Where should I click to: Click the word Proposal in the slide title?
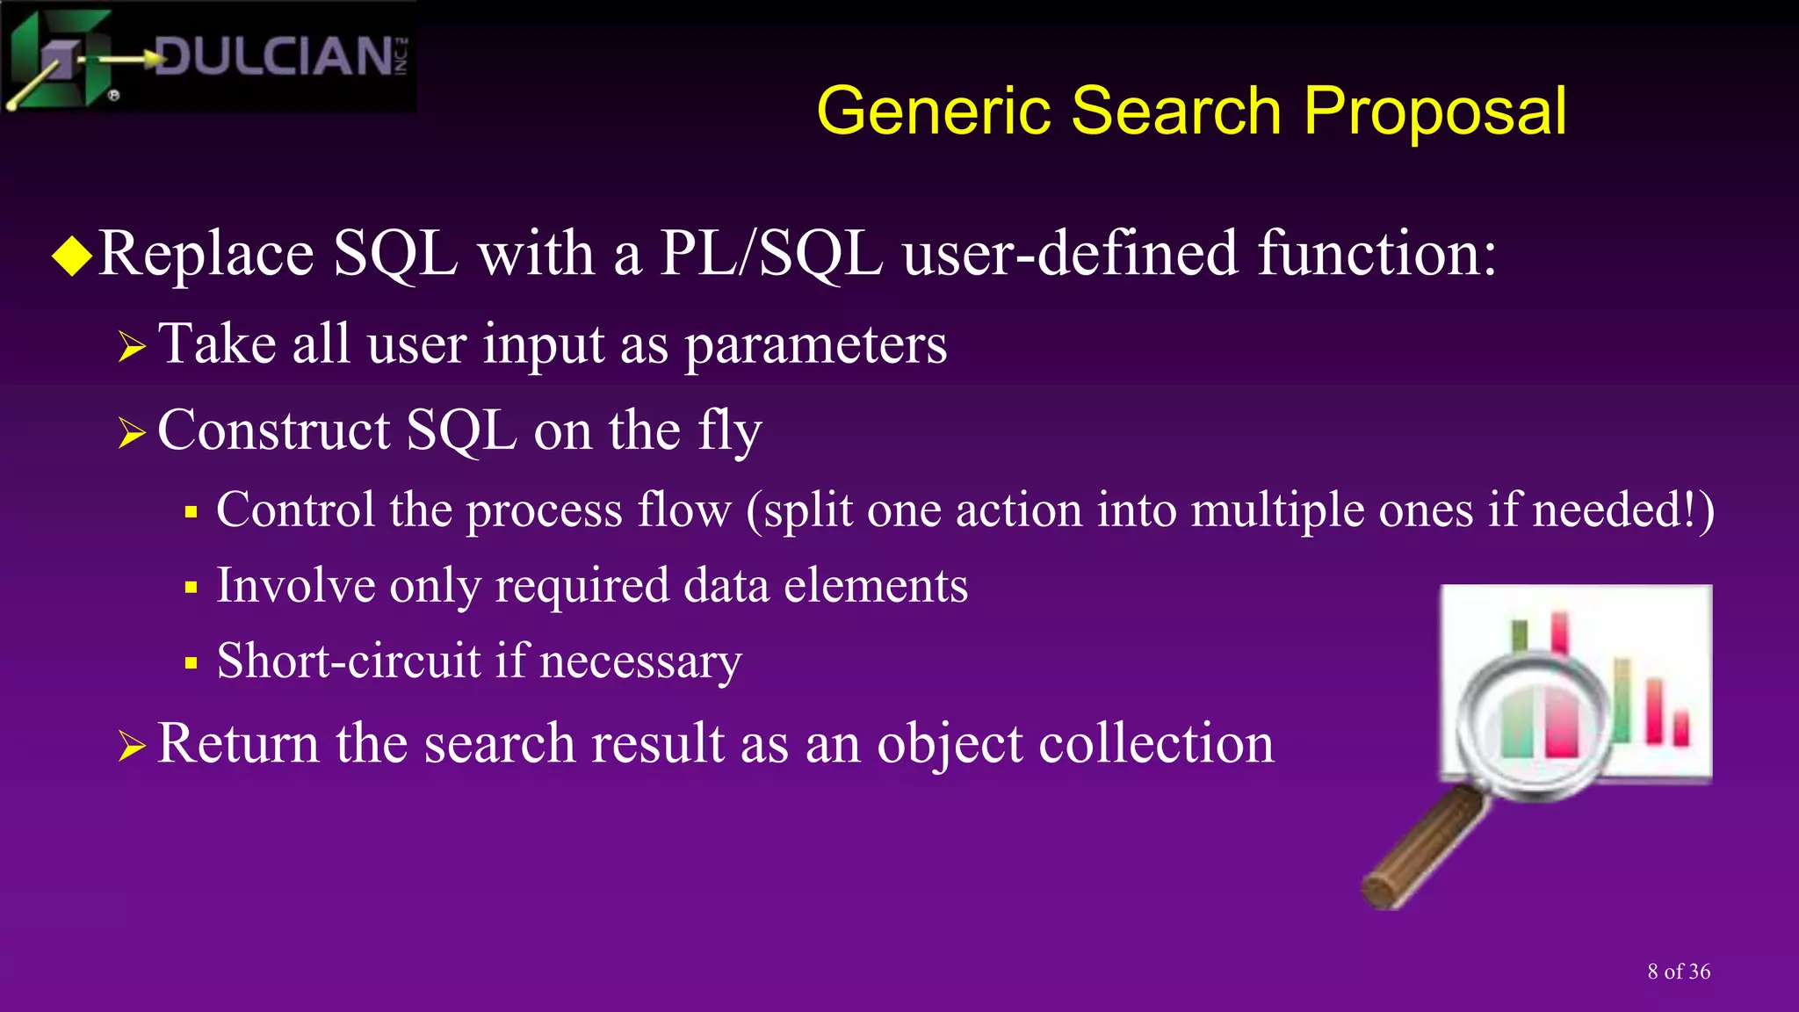[x=1434, y=112]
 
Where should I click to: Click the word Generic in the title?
[x=933, y=112]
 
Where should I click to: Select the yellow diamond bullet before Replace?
[x=72, y=257]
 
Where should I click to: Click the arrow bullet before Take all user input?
[x=132, y=347]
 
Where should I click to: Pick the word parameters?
[x=815, y=345]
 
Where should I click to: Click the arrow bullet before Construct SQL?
[x=132, y=433]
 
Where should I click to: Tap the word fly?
[x=729, y=432]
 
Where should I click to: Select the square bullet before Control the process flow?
[x=191, y=512]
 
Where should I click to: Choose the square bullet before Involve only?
[x=191, y=588]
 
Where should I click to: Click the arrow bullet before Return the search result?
[x=132, y=747]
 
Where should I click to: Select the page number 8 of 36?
[x=1679, y=972]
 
